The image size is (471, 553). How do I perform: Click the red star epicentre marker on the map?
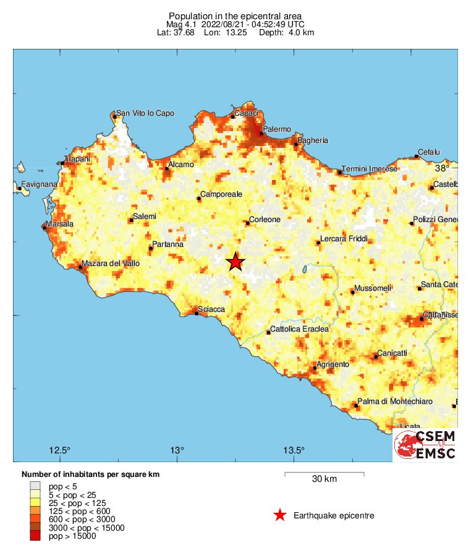235,262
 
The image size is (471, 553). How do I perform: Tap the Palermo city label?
276,129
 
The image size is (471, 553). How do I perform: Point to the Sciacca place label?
211,309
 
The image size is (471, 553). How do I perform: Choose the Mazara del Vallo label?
111,264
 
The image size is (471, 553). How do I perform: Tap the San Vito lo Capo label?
145,113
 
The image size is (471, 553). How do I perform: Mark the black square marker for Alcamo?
167,168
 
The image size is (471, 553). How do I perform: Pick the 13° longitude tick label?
177,449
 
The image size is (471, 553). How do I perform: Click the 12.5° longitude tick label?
61,449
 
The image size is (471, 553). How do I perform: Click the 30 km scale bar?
324,474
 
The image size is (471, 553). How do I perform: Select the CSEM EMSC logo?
425,445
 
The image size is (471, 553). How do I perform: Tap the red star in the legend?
280,515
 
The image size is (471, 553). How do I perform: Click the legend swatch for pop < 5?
35,486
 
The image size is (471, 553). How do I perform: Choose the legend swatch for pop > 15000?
35,536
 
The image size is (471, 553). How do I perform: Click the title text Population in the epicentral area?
235,15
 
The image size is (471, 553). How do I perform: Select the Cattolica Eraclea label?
300,330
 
